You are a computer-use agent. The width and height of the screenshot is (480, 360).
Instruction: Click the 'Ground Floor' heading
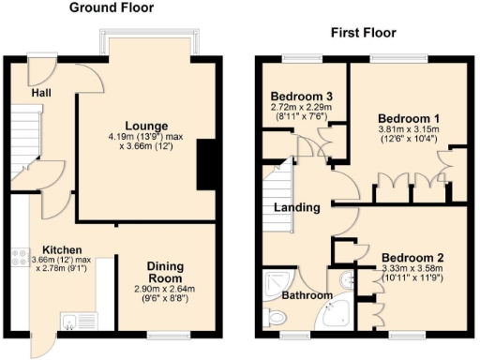coord(113,8)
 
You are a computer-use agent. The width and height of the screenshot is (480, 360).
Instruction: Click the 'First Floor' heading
coord(363,33)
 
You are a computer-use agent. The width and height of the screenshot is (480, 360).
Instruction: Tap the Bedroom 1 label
coord(395,117)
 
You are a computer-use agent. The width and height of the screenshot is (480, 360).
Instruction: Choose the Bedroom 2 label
coord(412,257)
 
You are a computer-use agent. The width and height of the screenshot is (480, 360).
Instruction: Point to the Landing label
coord(299,207)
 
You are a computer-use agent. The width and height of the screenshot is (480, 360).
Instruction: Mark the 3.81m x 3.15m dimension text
coord(395,131)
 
